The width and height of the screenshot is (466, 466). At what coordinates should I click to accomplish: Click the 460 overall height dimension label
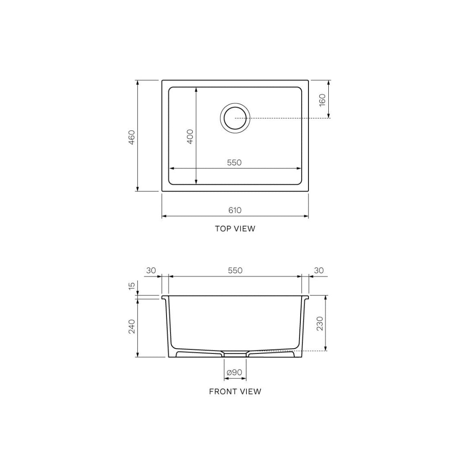click(x=132, y=137)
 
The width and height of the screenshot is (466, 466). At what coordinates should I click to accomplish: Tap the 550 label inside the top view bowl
click(x=234, y=163)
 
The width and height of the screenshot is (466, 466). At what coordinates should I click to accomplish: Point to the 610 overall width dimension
click(x=235, y=210)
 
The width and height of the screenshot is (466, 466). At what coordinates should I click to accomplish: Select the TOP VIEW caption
click(x=235, y=229)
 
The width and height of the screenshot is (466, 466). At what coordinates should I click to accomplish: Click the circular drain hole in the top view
click(x=235, y=118)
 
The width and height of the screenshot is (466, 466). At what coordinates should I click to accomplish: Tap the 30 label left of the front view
click(x=151, y=271)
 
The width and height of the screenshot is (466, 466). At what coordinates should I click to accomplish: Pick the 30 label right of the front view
click(x=318, y=271)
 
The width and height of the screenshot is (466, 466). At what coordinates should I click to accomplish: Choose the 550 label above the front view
click(x=235, y=271)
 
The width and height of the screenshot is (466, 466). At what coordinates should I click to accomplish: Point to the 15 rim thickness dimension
click(x=132, y=285)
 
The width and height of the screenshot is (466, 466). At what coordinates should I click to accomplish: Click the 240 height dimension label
click(x=132, y=326)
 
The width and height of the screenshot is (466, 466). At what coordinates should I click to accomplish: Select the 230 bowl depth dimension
click(x=320, y=324)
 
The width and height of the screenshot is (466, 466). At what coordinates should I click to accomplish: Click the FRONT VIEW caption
click(x=235, y=392)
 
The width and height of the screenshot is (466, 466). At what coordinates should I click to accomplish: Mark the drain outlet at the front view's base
click(x=235, y=354)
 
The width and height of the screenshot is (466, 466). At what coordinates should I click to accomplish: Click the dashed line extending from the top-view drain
click(x=289, y=118)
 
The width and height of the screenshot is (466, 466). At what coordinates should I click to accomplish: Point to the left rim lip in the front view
click(x=164, y=297)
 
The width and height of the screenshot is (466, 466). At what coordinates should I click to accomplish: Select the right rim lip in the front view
click(x=306, y=297)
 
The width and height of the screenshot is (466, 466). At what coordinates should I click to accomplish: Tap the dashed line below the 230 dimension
click(x=311, y=351)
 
